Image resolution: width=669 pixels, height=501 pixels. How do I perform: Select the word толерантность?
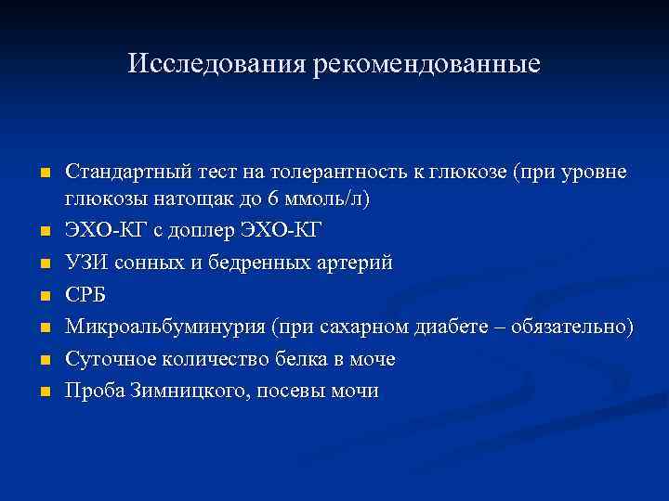coord(332,173)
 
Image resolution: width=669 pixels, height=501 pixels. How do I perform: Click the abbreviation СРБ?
coord(85,296)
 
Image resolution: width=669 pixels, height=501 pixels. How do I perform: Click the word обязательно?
coord(576,328)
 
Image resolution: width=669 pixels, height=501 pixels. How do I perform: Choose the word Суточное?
coord(107,359)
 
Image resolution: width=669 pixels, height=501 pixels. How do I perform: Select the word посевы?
coord(284,391)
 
